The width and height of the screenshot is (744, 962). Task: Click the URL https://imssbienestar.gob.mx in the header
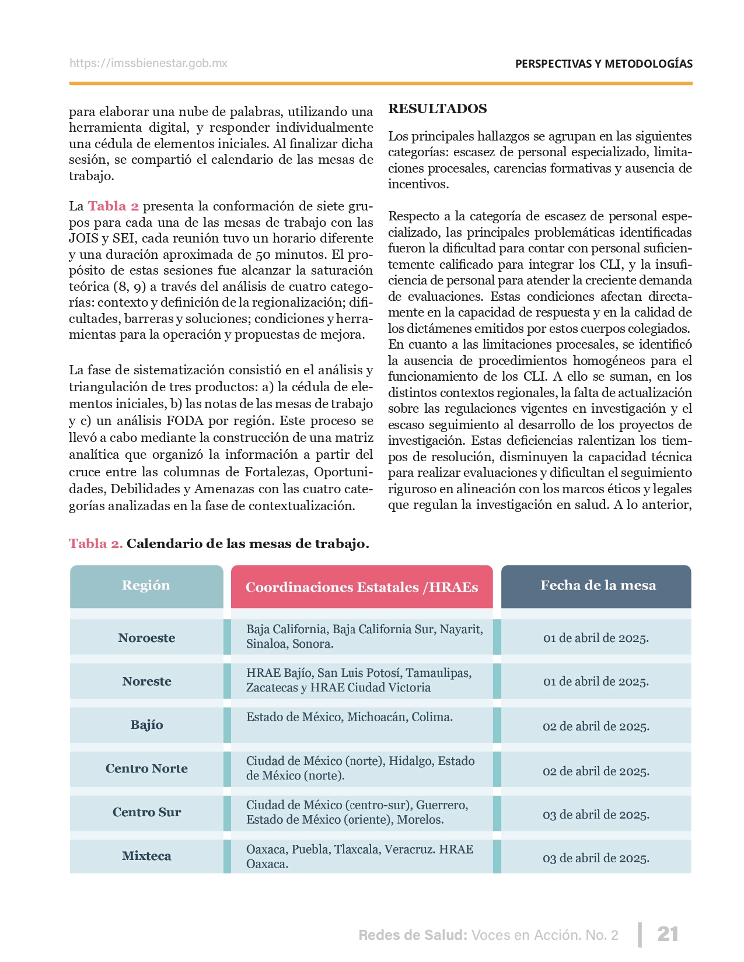point(148,64)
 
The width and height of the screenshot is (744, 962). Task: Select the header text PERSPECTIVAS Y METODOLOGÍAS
point(603,64)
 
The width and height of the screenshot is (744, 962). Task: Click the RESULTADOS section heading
point(437,109)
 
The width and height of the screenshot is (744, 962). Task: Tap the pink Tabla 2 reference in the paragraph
point(113,206)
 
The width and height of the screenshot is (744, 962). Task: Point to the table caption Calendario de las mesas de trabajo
point(247,544)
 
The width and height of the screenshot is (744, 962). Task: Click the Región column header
point(146,586)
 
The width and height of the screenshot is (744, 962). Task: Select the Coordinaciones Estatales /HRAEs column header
point(361,588)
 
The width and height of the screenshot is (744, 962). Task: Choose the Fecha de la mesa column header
point(598,586)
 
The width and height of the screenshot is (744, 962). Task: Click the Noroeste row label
point(146,638)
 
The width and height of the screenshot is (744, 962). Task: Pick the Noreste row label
point(146,682)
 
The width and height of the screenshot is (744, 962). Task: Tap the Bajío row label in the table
point(146,725)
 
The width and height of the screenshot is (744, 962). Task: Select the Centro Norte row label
point(146,769)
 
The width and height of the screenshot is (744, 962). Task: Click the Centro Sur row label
point(146,813)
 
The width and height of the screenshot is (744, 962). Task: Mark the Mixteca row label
point(146,856)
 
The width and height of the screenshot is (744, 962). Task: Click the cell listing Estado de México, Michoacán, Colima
point(349,718)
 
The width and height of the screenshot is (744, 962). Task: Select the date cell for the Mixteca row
point(596,858)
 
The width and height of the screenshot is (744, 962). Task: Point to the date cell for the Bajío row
point(596,726)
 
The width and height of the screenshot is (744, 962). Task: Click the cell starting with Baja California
point(364,637)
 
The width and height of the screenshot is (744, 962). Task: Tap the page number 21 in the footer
point(668,934)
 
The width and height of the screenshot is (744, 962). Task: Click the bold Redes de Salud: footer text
point(413,935)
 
